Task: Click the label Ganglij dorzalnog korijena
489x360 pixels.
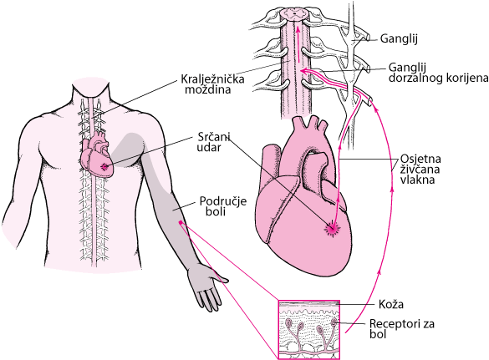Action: (438, 73)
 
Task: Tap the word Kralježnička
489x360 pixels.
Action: (212, 79)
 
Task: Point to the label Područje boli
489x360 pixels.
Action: (223, 206)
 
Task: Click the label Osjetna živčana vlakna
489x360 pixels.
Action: (420, 169)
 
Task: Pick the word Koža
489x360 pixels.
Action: (391, 304)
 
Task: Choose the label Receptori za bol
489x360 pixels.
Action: (402, 328)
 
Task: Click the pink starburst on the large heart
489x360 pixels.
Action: (332, 229)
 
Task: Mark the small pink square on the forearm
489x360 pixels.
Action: (181, 222)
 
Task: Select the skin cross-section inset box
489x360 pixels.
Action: (309, 330)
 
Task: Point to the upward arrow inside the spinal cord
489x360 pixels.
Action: (298, 44)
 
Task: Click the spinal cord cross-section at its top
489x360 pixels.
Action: (294, 14)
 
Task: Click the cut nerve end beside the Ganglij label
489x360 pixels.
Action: (368, 37)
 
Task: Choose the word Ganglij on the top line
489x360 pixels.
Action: (399, 39)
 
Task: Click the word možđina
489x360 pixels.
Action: (208, 89)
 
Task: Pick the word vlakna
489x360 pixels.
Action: (417, 180)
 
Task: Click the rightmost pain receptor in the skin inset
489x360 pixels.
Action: (334, 322)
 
